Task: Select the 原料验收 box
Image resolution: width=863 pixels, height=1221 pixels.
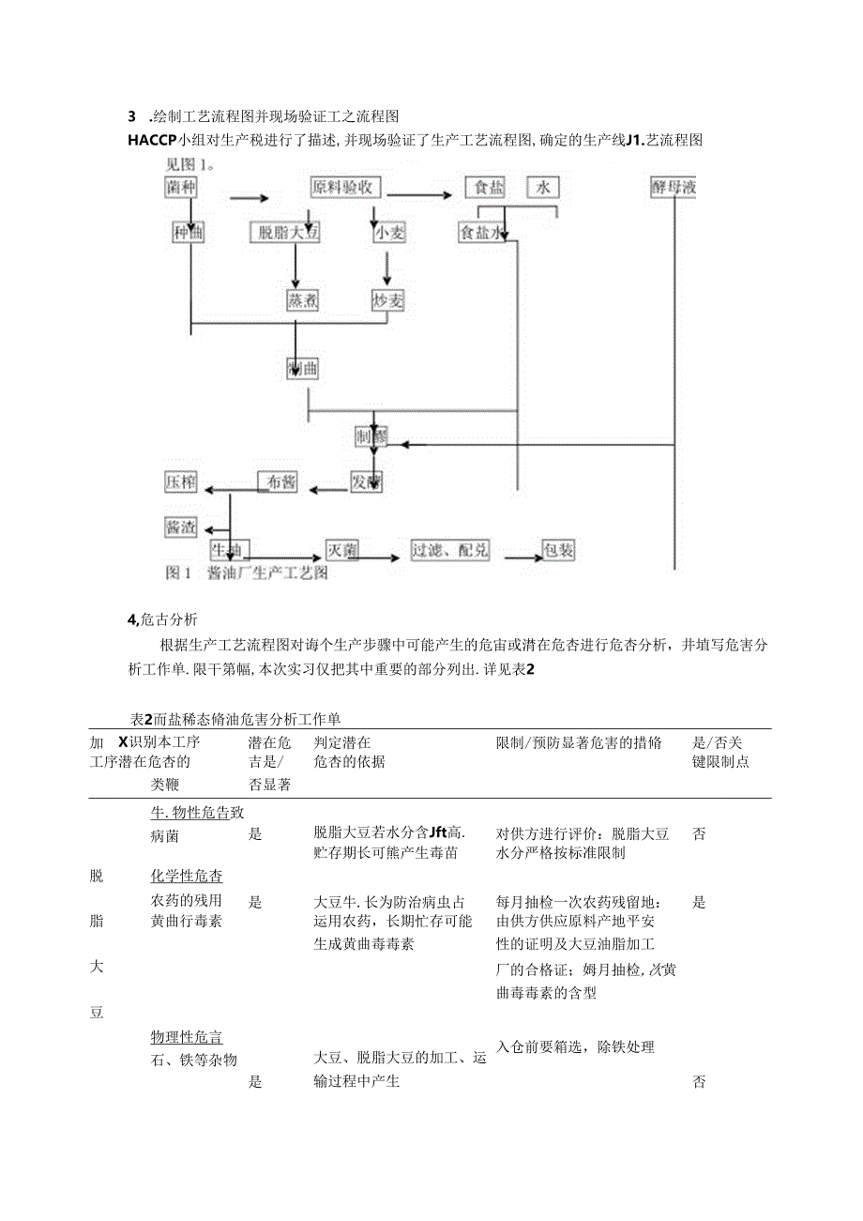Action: [347, 188]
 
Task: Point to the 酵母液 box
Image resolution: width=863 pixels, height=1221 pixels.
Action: [674, 188]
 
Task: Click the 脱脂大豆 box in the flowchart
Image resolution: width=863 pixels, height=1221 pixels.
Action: [287, 233]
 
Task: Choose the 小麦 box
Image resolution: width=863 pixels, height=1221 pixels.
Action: [388, 233]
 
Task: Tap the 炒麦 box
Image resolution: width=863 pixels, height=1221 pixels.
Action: [387, 299]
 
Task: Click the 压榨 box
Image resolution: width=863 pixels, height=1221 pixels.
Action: [182, 482]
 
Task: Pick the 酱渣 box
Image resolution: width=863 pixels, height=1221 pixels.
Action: [182, 527]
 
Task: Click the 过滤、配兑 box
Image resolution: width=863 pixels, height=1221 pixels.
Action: [450, 551]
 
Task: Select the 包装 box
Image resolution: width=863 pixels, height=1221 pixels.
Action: [559, 551]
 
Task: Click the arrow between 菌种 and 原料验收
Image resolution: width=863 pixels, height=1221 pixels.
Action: [248, 198]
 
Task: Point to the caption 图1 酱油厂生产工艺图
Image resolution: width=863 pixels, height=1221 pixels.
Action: [246, 572]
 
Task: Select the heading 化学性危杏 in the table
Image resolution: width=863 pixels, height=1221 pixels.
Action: [187, 876]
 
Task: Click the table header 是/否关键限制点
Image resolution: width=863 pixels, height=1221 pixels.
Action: [719, 752]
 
